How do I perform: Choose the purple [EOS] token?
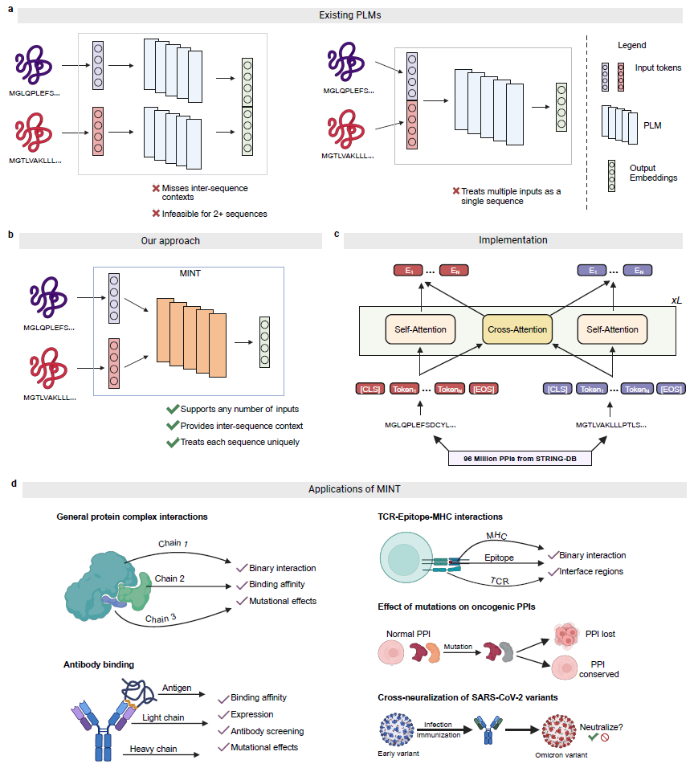[670, 389]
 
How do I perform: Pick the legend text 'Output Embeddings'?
[653, 173]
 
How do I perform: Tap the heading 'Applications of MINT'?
[353, 489]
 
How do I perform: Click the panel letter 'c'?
[336, 234]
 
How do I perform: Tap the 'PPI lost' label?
[598, 634]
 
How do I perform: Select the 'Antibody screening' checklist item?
[267, 730]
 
